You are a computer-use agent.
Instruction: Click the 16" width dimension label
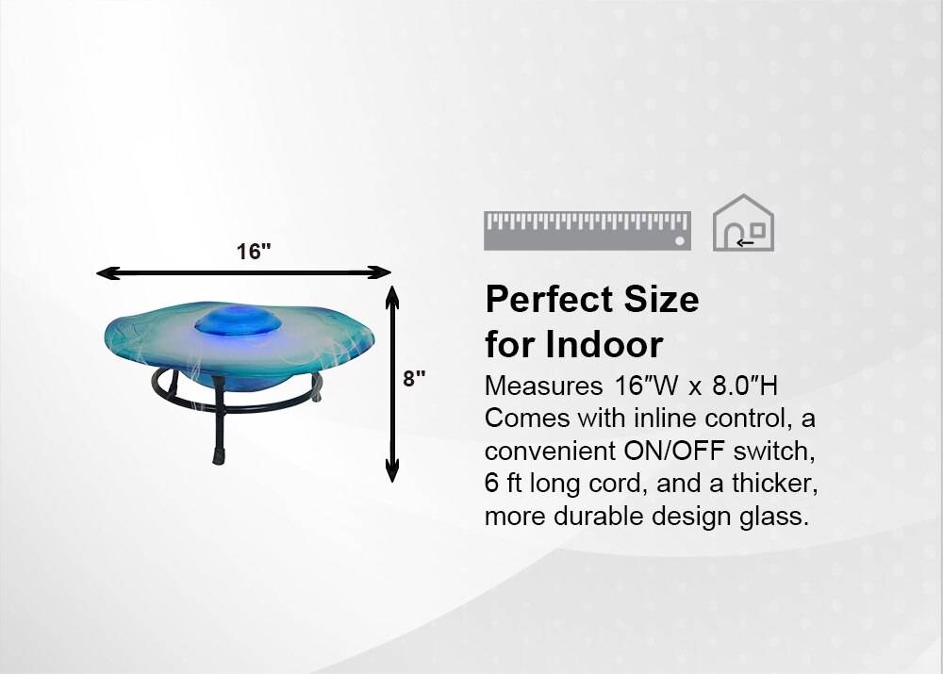coord(254,252)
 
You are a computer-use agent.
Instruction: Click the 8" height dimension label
coord(414,379)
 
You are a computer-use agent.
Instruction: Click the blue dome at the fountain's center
coord(239,320)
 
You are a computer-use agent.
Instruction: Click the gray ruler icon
coord(587,230)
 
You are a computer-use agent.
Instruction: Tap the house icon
coord(743,223)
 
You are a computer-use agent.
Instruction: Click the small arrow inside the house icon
coord(745,243)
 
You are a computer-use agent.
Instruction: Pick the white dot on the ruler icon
coord(680,240)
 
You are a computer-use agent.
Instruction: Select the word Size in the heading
coord(662,299)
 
